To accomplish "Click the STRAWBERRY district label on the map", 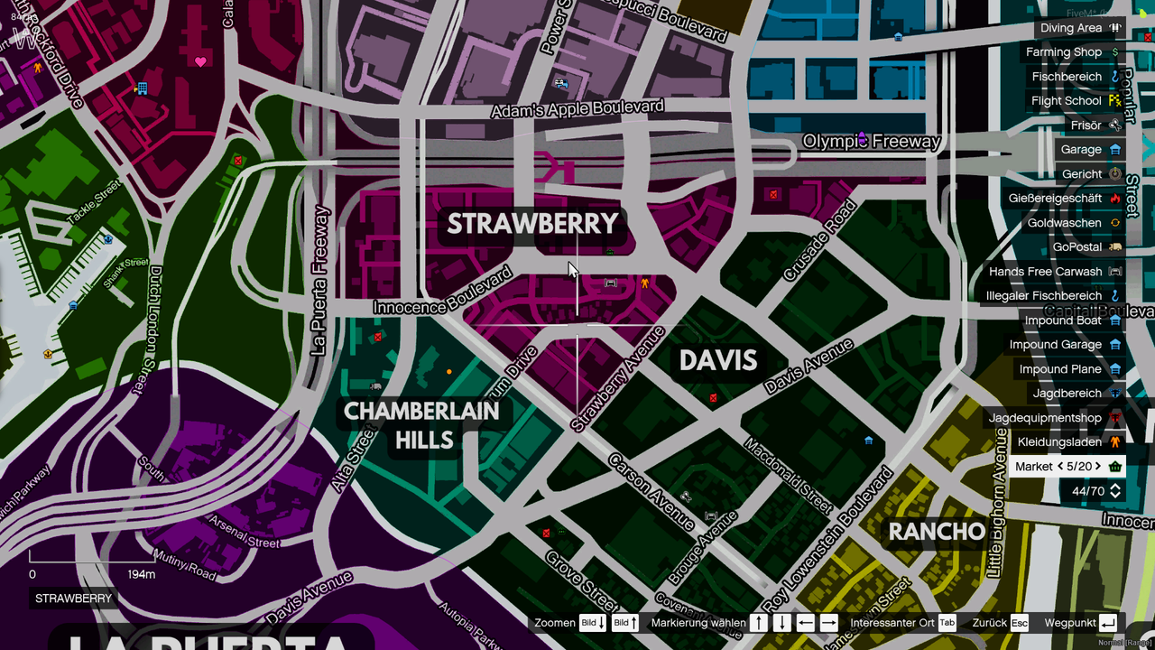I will coord(532,224).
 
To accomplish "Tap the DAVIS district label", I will coord(717,361).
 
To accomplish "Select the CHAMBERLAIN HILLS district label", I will coord(421,425).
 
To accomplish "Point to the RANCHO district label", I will coord(937,532).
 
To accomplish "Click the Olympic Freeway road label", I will coord(872,142).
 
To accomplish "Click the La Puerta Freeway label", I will coord(319,281).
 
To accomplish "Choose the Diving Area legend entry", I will coord(1071,28).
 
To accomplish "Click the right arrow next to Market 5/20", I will coord(1098,467).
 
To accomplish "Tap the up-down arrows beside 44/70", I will coord(1115,491).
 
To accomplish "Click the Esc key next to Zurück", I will coord(1019,623).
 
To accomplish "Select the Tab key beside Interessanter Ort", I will coord(947,623).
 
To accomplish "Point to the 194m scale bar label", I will coord(141,574).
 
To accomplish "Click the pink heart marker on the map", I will coord(200,61).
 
